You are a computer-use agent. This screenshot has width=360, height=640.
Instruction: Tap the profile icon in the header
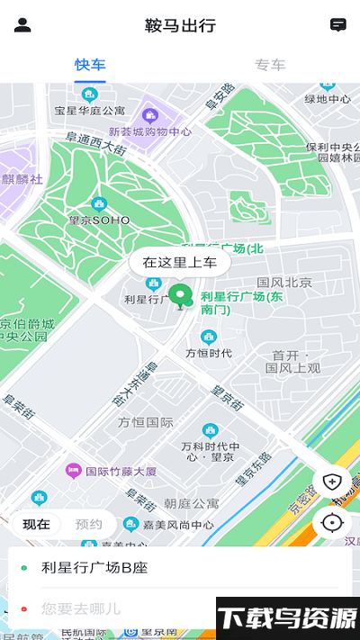pos(22,25)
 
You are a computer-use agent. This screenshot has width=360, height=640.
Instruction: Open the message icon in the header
pos(338,25)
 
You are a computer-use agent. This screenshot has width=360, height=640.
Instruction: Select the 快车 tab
pos(90,65)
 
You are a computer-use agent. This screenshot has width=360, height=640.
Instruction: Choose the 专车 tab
pos(270,65)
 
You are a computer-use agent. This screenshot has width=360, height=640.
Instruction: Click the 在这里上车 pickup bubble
pos(180,263)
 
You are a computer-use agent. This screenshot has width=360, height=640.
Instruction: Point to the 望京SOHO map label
pos(99,220)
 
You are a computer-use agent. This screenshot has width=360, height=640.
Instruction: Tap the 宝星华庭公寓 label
pos(89,111)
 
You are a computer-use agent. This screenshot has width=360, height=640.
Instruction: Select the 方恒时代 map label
pos(209,353)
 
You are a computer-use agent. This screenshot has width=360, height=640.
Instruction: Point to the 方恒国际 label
pos(146,421)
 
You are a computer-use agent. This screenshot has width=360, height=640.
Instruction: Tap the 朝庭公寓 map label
pos(192,503)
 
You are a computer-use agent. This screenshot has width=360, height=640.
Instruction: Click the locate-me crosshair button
pos(333,522)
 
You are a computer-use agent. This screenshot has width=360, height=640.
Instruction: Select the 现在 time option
pos(36,524)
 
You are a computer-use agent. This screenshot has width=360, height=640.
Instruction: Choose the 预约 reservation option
pos(88,524)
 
